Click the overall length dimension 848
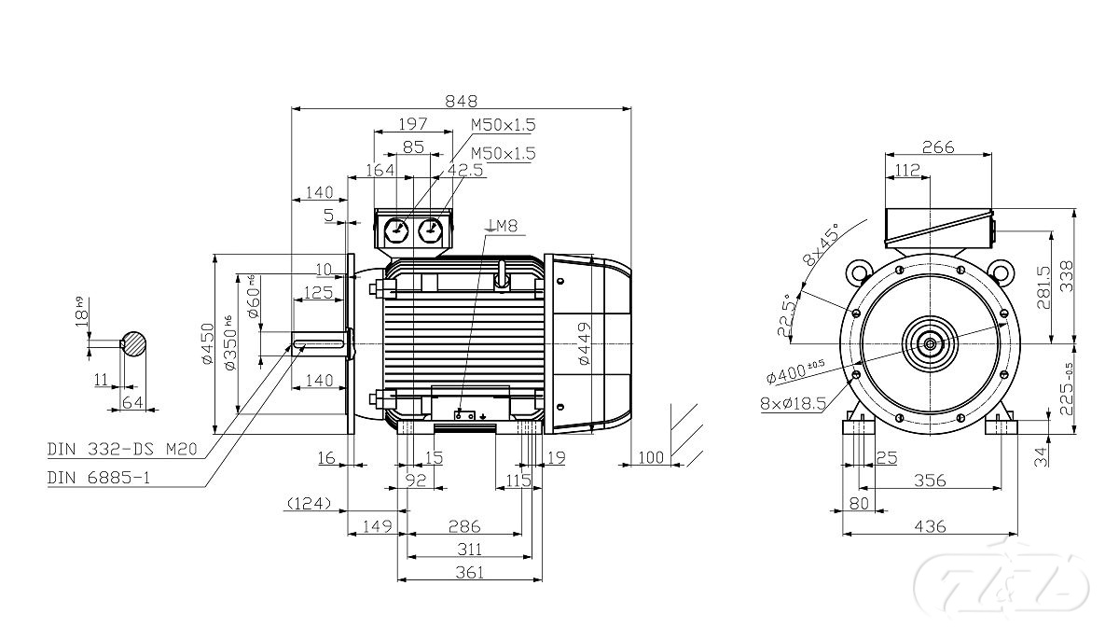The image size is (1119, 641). pyautogui.click(x=461, y=100)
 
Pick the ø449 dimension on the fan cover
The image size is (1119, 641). pyautogui.click(x=583, y=344)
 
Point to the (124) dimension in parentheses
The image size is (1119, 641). pyautogui.click(x=309, y=505)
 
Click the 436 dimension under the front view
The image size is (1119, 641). pyautogui.click(x=930, y=527)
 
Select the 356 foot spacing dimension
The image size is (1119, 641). pyautogui.click(x=930, y=481)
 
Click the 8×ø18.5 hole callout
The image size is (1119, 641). pyautogui.click(x=794, y=404)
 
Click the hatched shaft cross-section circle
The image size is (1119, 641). pyautogui.click(x=134, y=343)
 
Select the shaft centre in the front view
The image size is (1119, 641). pyautogui.click(x=930, y=343)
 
